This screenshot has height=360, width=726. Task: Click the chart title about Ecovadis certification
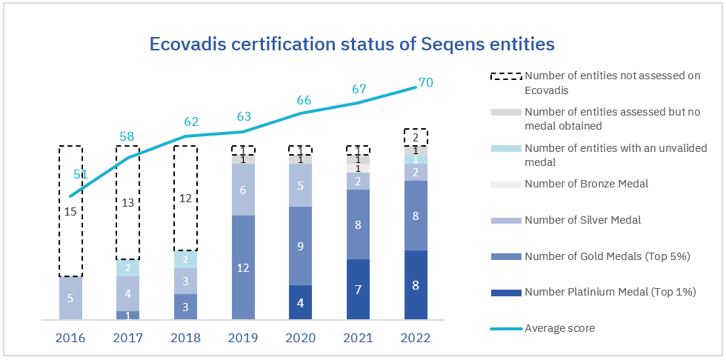tap(352, 44)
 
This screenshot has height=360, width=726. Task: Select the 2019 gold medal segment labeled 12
tap(243, 267)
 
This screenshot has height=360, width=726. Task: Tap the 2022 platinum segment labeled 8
tap(416, 285)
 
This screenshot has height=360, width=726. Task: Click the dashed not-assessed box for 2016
tap(70, 211)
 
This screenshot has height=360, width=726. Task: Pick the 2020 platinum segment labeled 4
tap(300, 302)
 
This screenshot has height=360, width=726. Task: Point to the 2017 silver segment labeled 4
tap(127, 293)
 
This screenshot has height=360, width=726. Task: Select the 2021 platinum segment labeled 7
tap(358, 289)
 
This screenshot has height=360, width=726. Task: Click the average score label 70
tap(425, 83)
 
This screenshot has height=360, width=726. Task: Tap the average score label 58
tap(127, 136)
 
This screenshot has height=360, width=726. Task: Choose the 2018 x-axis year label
tap(185, 339)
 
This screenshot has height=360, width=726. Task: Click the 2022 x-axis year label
tap(416, 339)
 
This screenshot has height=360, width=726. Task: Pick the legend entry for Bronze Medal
tap(586, 184)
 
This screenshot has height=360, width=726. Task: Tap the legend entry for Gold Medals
tap(607, 256)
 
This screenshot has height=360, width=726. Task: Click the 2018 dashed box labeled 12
tap(185, 198)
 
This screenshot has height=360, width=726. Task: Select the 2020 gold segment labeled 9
tap(300, 246)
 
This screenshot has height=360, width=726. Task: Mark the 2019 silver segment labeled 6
tap(243, 190)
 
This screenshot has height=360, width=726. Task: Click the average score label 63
tap(243, 116)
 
